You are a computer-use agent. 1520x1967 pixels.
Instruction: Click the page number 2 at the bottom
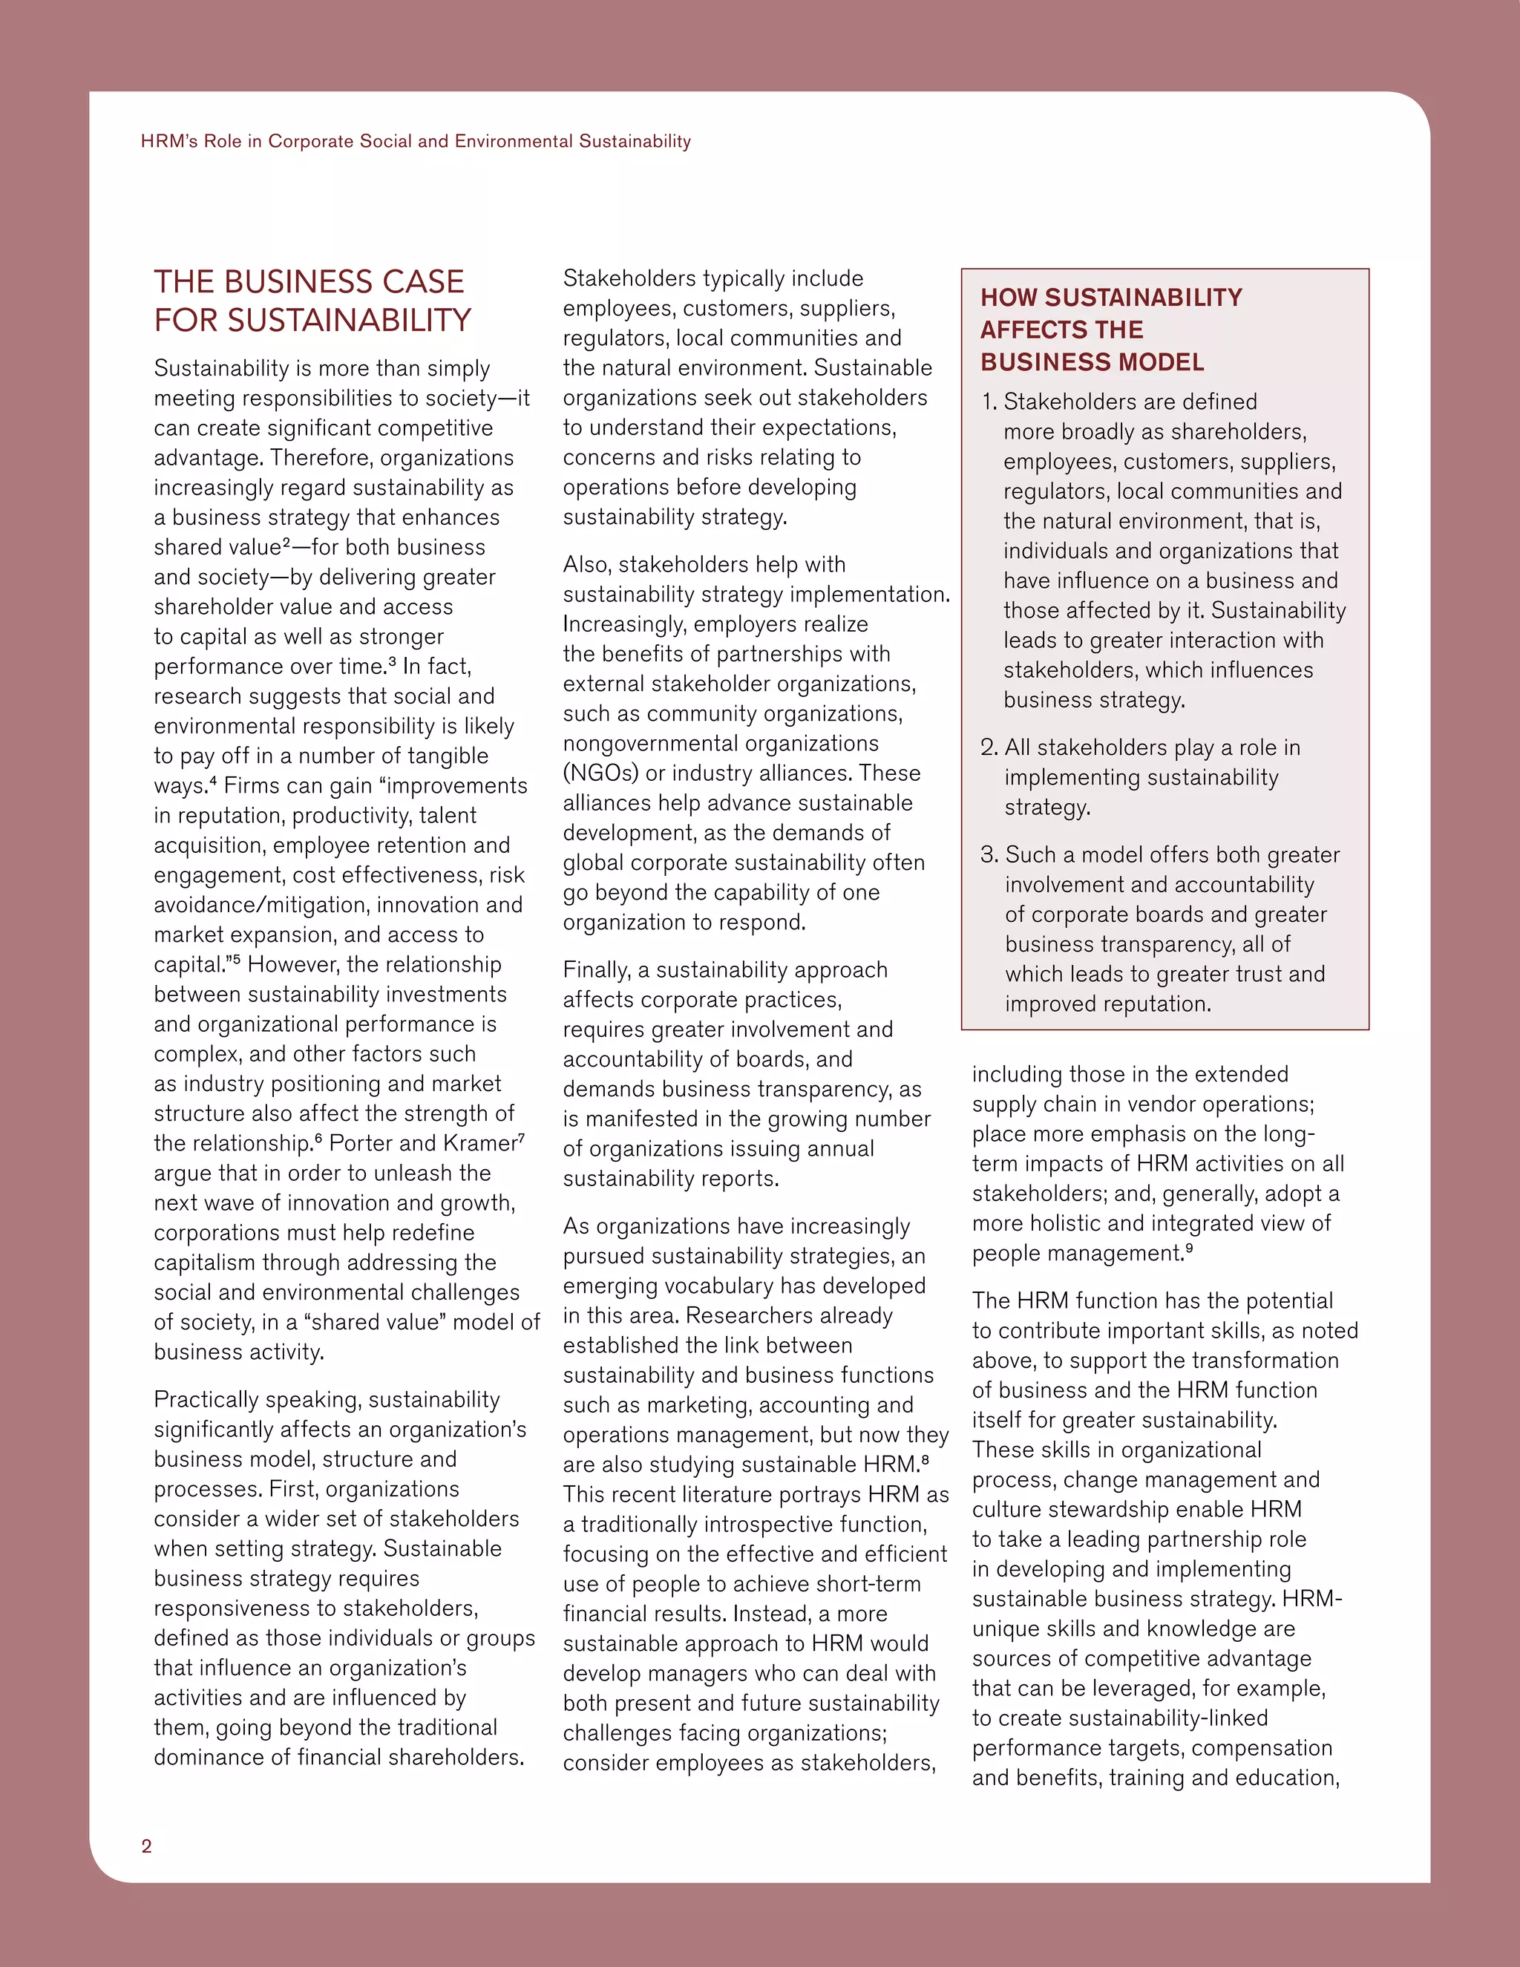pyautogui.click(x=147, y=1845)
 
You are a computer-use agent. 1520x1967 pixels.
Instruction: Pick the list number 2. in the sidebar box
pyautogui.click(x=989, y=747)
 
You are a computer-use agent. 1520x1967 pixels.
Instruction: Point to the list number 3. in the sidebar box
pyautogui.click(x=989, y=854)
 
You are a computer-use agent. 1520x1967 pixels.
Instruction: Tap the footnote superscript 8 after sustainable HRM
pyautogui.click(x=926, y=1459)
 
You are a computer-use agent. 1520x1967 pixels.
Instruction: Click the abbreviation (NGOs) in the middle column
pyautogui.click(x=600, y=773)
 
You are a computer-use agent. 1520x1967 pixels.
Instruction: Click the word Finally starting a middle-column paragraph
pyautogui.click(x=596, y=970)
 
